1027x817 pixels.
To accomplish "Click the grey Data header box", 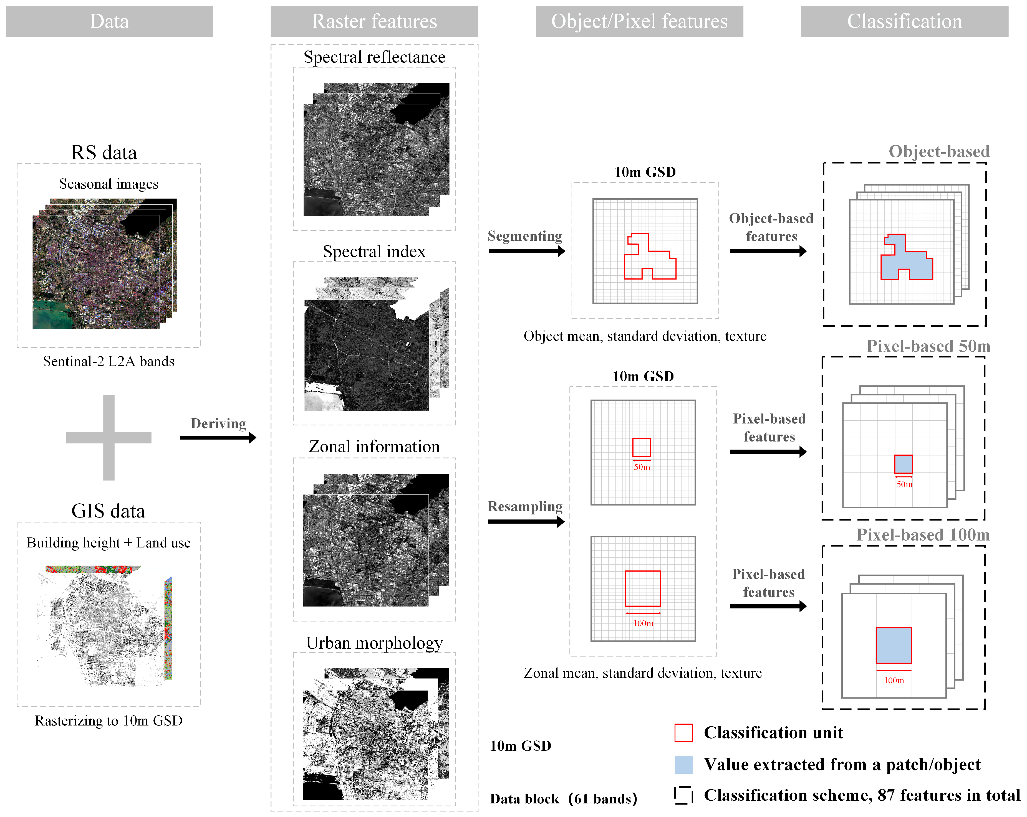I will (109, 21).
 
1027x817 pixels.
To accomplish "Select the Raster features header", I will (374, 21).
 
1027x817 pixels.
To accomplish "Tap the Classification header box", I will (904, 21).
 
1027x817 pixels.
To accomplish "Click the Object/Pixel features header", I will (639, 21).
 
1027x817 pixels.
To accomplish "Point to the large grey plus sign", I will (108, 437).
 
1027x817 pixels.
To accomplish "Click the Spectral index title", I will (374, 251).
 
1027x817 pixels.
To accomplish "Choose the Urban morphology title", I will (374, 643).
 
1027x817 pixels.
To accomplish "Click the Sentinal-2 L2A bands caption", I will (108, 361).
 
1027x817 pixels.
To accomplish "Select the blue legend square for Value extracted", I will (683, 764).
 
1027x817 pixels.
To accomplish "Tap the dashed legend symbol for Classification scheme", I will (683, 795).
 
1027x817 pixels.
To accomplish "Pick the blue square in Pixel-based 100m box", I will (894, 645).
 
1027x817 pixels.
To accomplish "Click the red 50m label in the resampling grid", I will (642, 467).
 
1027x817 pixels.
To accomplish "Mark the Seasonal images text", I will (108, 184).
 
